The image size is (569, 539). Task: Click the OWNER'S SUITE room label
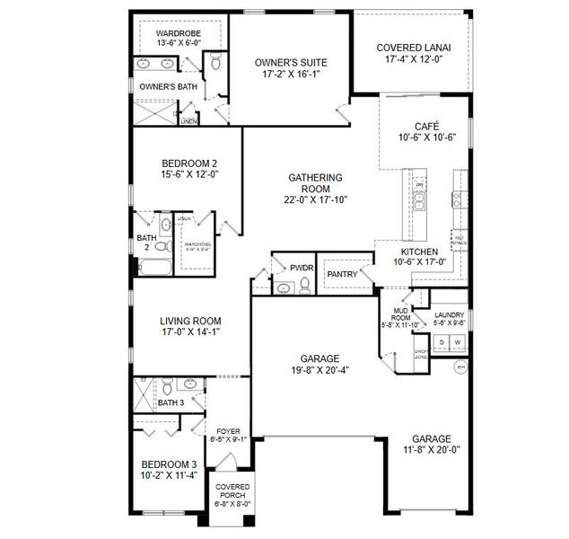point(291,62)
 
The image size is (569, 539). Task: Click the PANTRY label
point(342,274)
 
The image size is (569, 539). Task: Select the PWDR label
point(301,268)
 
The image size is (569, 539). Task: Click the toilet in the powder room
point(305,287)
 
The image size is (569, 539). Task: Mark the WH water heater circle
point(460,367)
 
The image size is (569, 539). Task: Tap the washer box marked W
point(457,343)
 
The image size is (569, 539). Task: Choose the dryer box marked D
point(441,343)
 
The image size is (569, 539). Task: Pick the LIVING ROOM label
point(190,321)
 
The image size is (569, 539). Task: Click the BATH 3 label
point(171,402)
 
